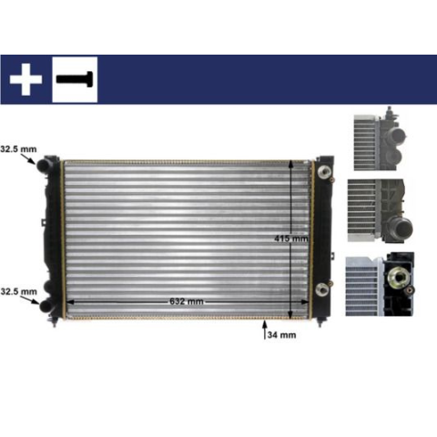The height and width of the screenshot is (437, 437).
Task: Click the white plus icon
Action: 25,79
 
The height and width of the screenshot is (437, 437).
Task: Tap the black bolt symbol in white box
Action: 75,79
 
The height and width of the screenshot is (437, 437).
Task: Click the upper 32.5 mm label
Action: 18,149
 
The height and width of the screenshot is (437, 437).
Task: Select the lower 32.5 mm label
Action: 19,291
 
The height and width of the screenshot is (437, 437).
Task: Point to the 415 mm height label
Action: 291,239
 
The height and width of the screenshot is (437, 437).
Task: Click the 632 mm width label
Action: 187,301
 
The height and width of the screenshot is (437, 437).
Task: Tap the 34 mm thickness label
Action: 281,335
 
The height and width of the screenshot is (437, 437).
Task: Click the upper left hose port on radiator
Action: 44,164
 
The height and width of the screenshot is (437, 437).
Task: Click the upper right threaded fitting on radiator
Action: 324,171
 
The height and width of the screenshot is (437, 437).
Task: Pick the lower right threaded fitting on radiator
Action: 322,290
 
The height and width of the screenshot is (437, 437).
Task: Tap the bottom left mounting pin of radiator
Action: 55,321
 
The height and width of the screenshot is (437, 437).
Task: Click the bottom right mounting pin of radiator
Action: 320,321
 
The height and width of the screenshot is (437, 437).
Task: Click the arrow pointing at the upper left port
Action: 28,158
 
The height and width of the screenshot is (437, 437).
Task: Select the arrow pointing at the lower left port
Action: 31,300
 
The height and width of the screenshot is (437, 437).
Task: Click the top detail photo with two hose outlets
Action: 380,139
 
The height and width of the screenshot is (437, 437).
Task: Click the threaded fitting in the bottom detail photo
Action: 397,276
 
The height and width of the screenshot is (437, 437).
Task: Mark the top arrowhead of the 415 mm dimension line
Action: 290,164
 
